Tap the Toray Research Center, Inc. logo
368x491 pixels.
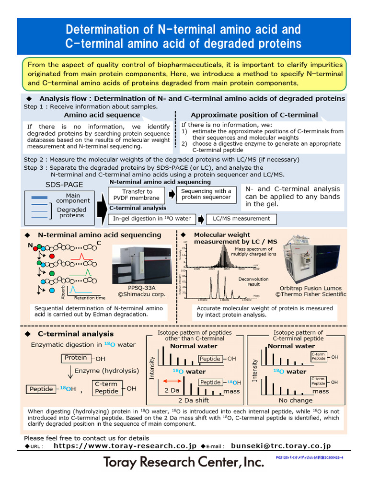pos(184,462)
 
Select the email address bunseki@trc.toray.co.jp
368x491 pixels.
pos(281,446)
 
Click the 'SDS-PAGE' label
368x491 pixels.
pos(64,185)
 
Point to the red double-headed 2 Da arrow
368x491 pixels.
pos(172,380)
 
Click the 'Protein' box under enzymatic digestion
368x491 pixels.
pos(76,358)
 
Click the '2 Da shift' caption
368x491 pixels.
pos(194,400)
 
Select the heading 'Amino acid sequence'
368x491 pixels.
pos(102,115)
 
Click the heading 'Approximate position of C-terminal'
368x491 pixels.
pos(254,115)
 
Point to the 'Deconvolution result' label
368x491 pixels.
pos(253,281)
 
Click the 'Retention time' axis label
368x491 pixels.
pos(90,298)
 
